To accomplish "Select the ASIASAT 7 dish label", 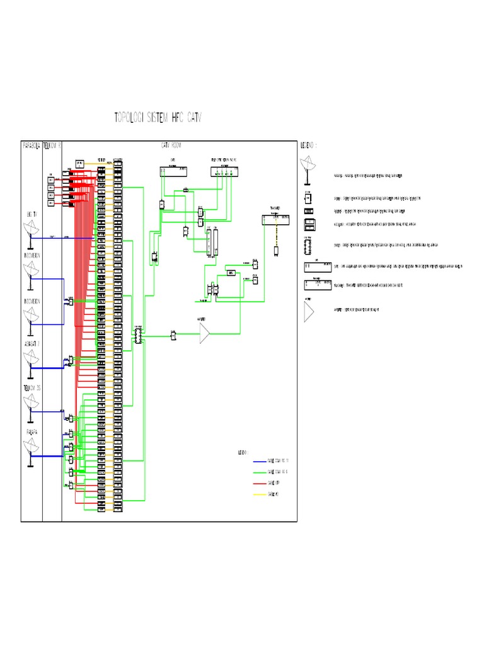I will [x=32, y=344].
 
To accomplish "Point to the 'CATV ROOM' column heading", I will [x=171, y=146].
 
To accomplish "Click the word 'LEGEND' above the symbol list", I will [x=308, y=144].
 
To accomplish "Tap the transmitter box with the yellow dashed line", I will [x=276, y=220].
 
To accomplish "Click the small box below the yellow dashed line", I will [x=276, y=251].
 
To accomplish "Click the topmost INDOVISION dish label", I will [x=32, y=256].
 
